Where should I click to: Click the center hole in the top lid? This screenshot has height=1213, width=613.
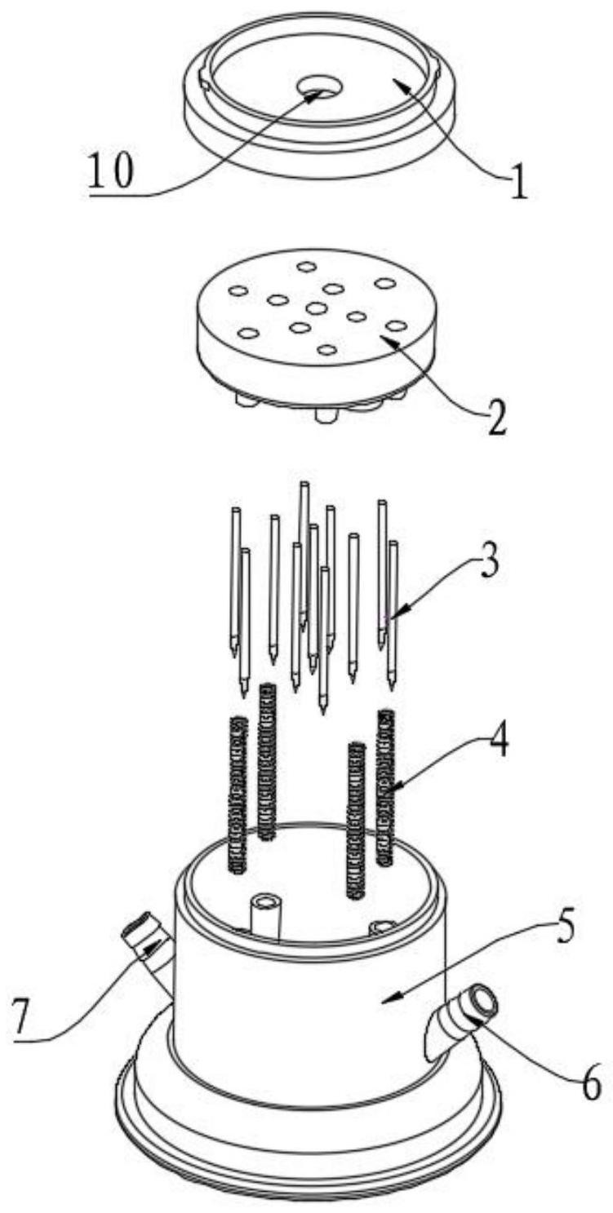320,87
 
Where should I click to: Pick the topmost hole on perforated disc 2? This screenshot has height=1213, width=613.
306,266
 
